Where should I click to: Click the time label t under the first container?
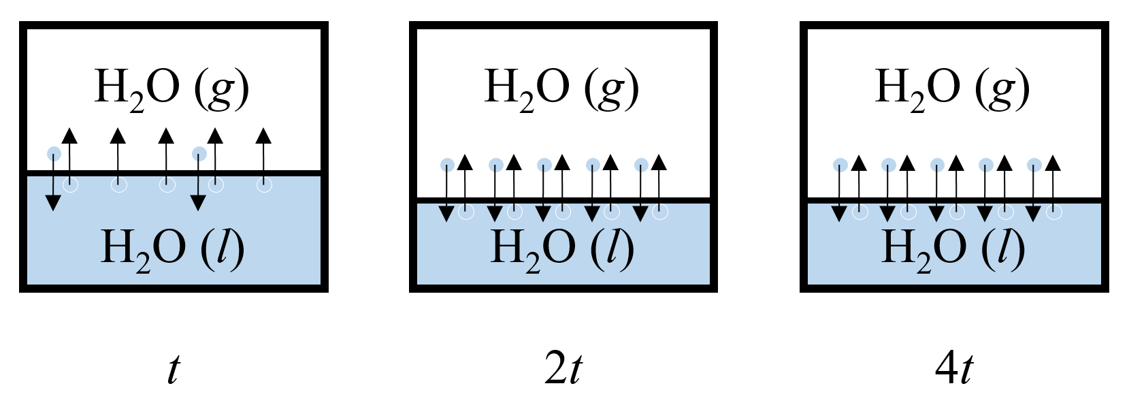[x=174, y=370]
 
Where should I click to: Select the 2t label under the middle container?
[x=563, y=370]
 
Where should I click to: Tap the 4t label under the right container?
[x=953, y=370]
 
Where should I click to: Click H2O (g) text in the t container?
[x=172, y=88]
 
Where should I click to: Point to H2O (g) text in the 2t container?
[x=562, y=88]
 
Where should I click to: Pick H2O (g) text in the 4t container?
[x=952, y=88]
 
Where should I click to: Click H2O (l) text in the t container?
[x=172, y=248]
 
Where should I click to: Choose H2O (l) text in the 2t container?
[x=562, y=248]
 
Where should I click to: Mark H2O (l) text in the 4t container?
[x=953, y=248]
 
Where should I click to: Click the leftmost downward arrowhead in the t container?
[x=53, y=202]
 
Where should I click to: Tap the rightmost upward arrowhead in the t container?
[x=263, y=135]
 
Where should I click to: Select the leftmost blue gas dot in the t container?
[x=54, y=154]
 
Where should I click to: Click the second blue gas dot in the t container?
[x=199, y=154]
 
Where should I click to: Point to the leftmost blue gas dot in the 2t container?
[x=447, y=165]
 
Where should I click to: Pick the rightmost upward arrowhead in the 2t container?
[x=659, y=163]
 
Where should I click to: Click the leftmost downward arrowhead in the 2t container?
[x=446, y=214]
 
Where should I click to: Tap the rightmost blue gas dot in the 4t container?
[x=1034, y=165]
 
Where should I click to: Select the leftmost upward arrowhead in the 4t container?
[x=859, y=163]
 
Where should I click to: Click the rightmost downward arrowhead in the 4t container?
[x=1034, y=214]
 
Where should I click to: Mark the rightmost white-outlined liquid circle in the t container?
[x=264, y=184]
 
